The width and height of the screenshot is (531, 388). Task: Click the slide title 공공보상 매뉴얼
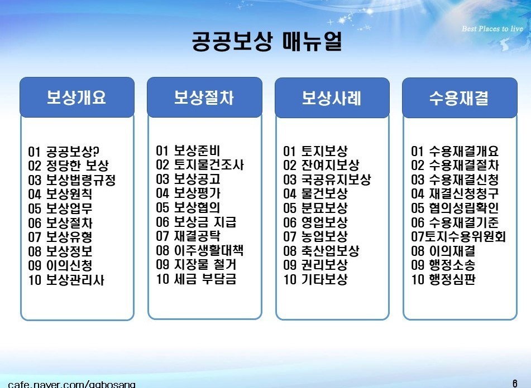[x=267, y=41]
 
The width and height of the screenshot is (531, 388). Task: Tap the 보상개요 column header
[x=77, y=98]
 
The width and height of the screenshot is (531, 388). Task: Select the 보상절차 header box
[x=204, y=98]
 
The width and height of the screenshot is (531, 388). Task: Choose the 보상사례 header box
[x=332, y=98]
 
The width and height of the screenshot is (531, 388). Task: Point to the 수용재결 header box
[x=460, y=98]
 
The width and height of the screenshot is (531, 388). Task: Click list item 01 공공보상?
[x=64, y=152]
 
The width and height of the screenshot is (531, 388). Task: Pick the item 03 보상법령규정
[x=72, y=180]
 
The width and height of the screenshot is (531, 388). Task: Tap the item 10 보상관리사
[x=66, y=280]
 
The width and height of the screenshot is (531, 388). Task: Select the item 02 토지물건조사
[x=200, y=165]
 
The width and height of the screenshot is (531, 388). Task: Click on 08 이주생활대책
[x=200, y=250]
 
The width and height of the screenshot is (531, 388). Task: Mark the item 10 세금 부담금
[x=196, y=279]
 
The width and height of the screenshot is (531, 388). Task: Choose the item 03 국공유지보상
[x=327, y=180]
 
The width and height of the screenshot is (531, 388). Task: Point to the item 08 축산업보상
[x=322, y=251]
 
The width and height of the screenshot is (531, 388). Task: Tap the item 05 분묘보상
[x=315, y=208]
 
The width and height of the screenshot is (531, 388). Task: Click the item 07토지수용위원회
[x=458, y=236]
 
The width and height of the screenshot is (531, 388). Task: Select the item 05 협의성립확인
[x=455, y=208]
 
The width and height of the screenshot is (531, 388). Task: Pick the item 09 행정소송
[x=443, y=265]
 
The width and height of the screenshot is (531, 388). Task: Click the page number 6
[x=515, y=384]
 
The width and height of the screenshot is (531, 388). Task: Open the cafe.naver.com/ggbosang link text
[x=71, y=384]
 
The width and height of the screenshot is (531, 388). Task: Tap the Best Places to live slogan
[x=492, y=29]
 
